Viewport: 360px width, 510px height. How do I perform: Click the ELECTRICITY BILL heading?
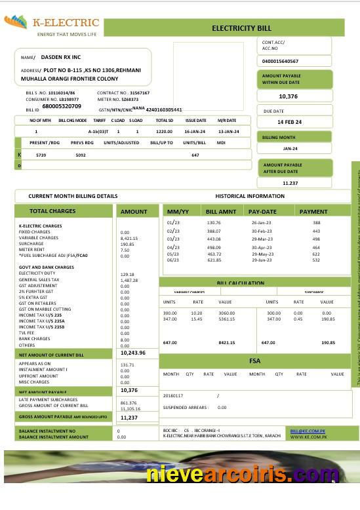pyautogui.click(x=241, y=28)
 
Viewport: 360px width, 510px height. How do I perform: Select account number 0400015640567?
pyautogui.click(x=280, y=61)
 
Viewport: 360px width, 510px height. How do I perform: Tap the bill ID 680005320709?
pyautogui.click(x=62, y=106)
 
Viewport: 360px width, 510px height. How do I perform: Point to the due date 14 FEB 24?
pyautogui.click(x=289, y=123)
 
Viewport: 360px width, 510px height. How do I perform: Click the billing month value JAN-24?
pyautogui.click(x=290, y=149)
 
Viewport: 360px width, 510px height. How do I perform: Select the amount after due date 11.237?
pyautogui.click(x=290, y=183)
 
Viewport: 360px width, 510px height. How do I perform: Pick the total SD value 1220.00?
pyautogui.click(x=164, y=132)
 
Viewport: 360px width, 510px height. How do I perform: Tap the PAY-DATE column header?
pyautogui.click(x=262, y=212)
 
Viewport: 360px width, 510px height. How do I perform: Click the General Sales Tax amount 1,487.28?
pyautogui.click(x=129, y=280)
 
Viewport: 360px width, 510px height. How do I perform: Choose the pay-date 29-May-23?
pyautogui.click(x=262, y=254)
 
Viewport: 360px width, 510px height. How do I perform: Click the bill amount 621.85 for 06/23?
pyautogui.click(x=214, y=260)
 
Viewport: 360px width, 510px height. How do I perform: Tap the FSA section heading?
pyautogui.click(x=255, y=361)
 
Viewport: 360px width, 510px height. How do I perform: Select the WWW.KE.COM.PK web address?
pyautogui.click(x=305, y=437)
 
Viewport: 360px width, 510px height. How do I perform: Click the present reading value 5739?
pyautogui.click(x=41, y=155)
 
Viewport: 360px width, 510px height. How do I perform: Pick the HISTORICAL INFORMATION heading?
pyautogui.click(x=250, y=196)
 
